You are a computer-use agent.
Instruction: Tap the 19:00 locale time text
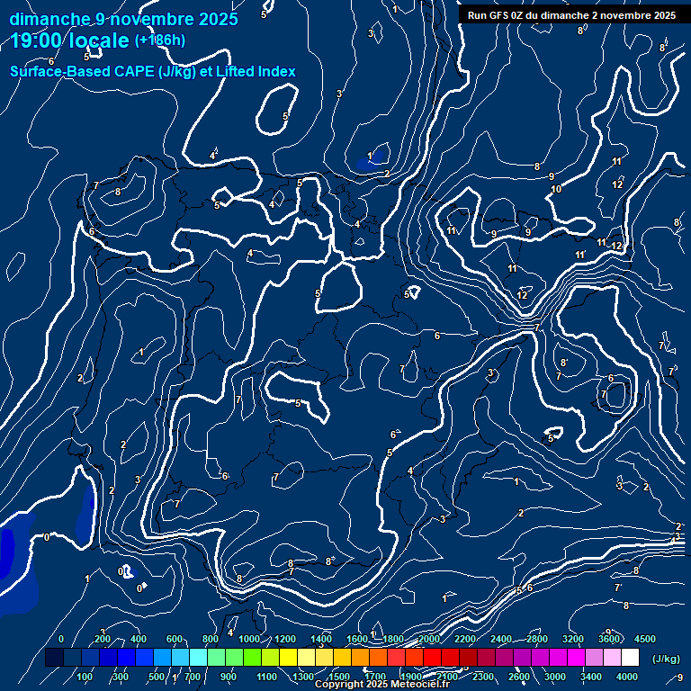pos(70,40)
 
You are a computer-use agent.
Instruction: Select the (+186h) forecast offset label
pos(160,40)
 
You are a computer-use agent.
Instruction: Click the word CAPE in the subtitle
pos(132,71)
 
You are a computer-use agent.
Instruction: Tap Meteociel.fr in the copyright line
pos(412,685)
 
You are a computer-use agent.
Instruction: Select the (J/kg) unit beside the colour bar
pos(667,660)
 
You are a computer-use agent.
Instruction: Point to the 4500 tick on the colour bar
pos(644,639)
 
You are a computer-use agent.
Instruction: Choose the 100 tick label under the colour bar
pos(85,677)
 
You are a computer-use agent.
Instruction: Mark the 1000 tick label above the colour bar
pos(249,639)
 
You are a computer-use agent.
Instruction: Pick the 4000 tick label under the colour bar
pos(627,677)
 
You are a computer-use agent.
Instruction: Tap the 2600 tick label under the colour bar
pos(519,677)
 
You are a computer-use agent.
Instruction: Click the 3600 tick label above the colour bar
pos(609,639)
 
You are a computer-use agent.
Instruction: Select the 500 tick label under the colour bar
pos(157,677)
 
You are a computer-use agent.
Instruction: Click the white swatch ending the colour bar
pos(630,659)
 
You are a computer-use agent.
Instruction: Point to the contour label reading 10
pos(556,189)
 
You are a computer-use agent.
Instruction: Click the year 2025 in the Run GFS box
pos(664,15)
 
